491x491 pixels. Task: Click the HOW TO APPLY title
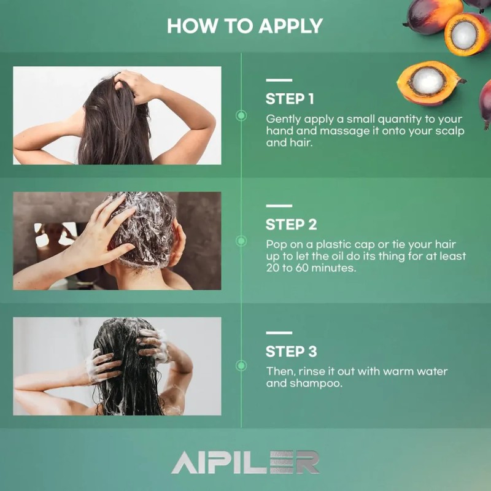coord(244,26)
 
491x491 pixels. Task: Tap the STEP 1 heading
coord(290,99)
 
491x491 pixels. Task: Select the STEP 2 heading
coord(291,225)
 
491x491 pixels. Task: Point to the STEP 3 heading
coord(291,351)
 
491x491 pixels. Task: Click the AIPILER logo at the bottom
coord(245,462)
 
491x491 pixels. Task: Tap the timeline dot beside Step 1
coord(241,115)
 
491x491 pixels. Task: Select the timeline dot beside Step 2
coord(241,241)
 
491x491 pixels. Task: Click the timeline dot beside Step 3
coord(241,365)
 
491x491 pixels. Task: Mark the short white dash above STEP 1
coord(279,80)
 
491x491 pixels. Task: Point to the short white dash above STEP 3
coord(279,333)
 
